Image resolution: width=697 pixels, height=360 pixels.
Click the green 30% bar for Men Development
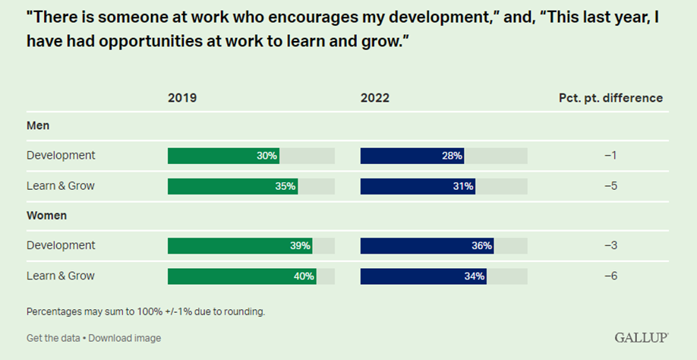pos(223,156)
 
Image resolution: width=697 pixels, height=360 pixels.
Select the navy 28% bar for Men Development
pos(412,156)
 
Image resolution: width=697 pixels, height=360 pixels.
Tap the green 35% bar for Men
pos(232,186)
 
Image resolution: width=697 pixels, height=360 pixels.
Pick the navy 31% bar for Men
pos(418,186)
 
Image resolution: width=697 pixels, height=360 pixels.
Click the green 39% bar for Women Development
pos(240,245)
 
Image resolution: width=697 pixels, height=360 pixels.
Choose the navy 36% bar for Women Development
pos(427,245)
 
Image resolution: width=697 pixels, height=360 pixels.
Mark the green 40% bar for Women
pos(241,276)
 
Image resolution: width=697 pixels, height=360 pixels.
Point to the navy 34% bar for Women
pos(424,276)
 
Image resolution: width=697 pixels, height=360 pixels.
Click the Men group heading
pos(38,126)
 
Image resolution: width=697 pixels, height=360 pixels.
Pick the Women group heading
pos(46,216)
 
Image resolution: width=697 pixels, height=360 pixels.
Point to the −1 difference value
pos(610,156)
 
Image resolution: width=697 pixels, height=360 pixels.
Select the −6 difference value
pos(610,276)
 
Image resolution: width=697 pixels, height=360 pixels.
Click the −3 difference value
pos(610,245)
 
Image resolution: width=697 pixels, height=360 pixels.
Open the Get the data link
pos(52,338)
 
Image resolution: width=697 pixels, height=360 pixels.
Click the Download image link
pos(125,338)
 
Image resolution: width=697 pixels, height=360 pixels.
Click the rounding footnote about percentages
pos(146,311)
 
